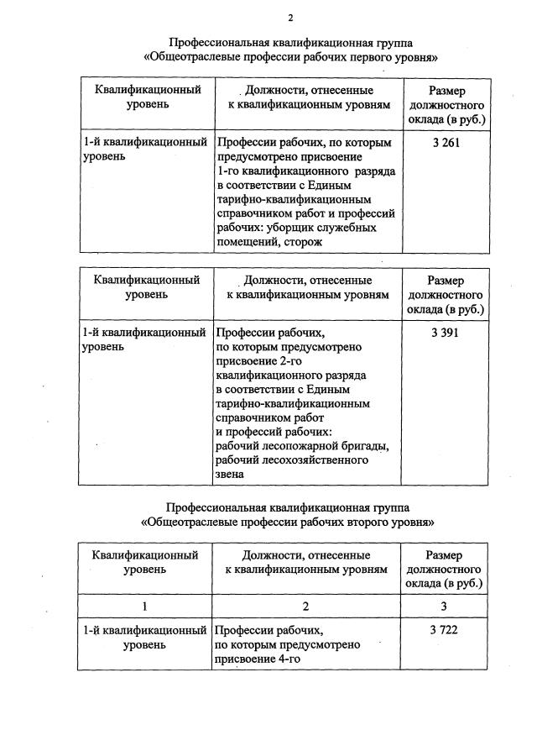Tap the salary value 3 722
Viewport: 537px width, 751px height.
point(446,629)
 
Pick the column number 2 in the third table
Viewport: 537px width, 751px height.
point(306,607)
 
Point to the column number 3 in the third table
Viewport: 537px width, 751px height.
point(446,607)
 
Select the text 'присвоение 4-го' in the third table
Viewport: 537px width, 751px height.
point(257,659)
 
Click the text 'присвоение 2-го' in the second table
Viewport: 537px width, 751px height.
point(258,360)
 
